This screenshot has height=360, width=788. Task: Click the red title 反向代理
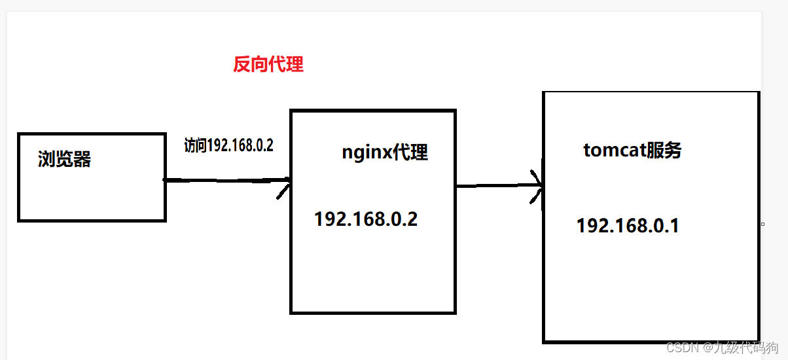coord(268,65)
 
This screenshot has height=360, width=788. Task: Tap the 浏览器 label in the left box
coord(64,159)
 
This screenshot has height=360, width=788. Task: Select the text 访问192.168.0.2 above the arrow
coord(228,145)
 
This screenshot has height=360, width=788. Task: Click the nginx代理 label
coord(385,153)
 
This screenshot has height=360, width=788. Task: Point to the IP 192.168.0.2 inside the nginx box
coord(366,219)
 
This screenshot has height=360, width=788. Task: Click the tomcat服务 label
coord(632,151)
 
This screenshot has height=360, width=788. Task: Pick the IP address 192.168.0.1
coord(628,226)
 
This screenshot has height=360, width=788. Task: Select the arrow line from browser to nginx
coord(223,180)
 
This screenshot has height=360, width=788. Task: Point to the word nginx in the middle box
coord(366,153)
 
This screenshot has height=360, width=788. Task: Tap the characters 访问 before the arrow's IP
coord(195,145)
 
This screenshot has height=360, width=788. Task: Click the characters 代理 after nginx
coord(410,153)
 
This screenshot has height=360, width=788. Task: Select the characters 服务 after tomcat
coord(664,151)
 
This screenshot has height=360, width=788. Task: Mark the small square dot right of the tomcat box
coord(762,224)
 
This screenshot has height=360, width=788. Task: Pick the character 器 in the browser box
coord(82,159)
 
